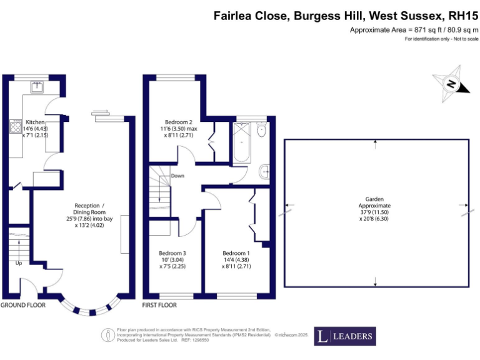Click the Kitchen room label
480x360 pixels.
point(35,122)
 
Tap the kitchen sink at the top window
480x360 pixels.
point(37,86)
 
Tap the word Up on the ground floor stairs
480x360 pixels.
point(19,263)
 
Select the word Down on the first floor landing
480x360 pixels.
point(177,176)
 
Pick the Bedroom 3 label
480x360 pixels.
point(172,253)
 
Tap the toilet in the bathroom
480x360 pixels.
point(262,129)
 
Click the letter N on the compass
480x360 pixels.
point(450,84)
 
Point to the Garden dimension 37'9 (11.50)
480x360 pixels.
point(375,211)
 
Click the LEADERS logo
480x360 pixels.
point(345,336)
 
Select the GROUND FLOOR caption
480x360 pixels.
point(23,305)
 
